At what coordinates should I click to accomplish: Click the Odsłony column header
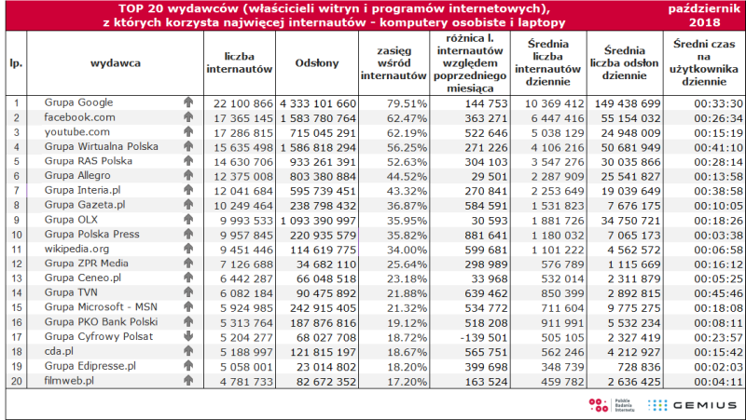click(317, 63)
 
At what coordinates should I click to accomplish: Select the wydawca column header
click(116, 63)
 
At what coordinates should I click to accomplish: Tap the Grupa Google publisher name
click(78, 102)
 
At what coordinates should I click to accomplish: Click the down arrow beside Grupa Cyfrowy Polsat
click(188, 336)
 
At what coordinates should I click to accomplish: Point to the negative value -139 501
click(484, 338)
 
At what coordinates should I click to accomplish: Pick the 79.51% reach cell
click(407, 103)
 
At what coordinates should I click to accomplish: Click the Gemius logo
click(692, 405)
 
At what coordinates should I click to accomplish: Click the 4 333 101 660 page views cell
click(318, 103)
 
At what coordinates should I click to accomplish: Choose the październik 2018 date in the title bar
click(705, 16)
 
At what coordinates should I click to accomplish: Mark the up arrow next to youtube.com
click(188, 131)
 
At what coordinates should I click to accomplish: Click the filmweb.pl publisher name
click(69, 381)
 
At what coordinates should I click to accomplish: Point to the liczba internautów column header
click(240, 63)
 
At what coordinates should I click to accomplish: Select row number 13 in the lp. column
click(17, 278)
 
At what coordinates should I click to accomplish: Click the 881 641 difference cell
click(485, 236)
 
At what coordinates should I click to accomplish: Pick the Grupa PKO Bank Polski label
click(101, 321)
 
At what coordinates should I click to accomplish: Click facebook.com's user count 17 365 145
click(243, 118)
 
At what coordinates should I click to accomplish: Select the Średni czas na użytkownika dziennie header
click(704, 62)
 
